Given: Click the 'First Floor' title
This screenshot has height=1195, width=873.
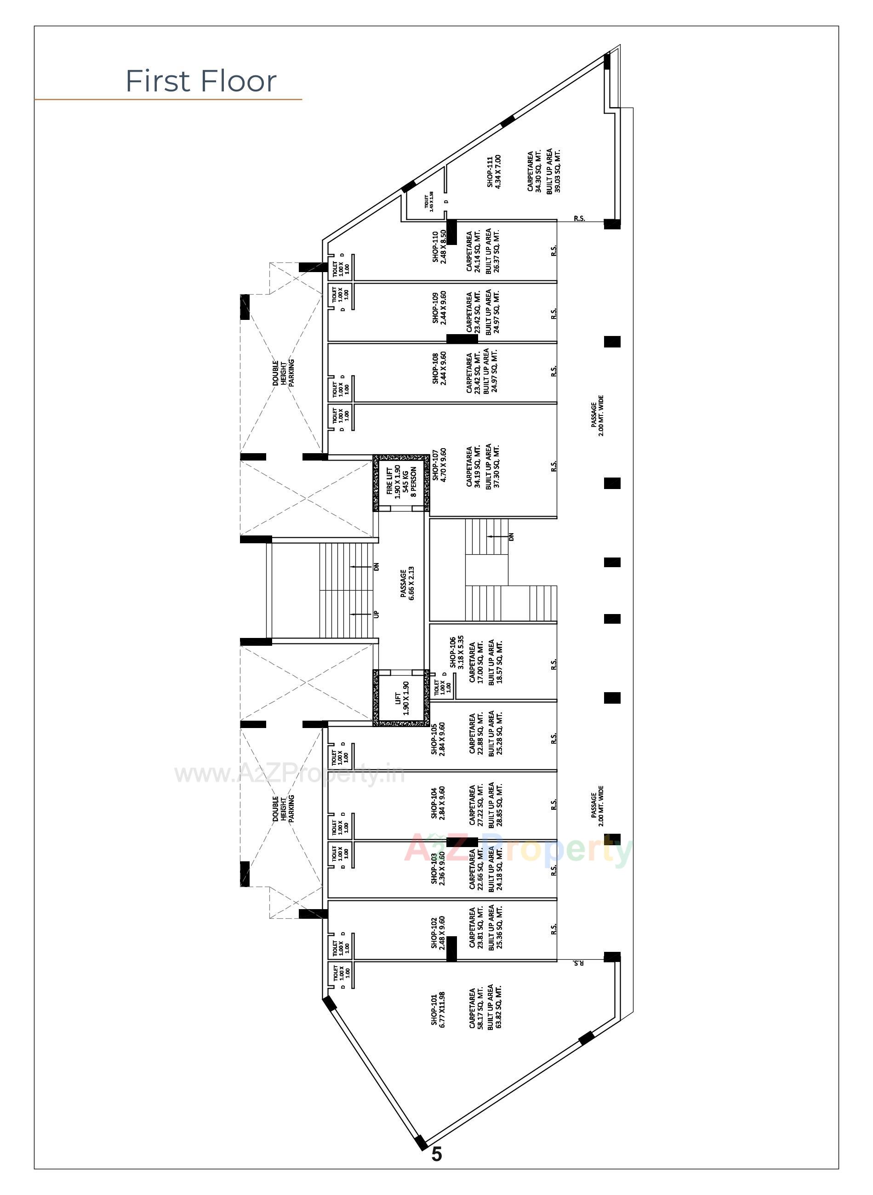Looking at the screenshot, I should coord(201,81).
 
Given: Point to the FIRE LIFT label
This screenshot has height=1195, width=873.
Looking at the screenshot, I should coord(389,482).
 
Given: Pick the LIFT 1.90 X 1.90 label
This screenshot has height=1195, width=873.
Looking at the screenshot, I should coord(402,697).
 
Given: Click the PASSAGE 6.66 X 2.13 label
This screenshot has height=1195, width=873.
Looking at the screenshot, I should coord(407,584).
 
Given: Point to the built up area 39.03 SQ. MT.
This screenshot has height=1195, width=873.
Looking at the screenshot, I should coord(558,171).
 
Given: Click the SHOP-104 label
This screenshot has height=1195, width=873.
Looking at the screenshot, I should coord(434,803).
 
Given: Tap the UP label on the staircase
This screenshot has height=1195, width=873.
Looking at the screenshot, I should coord(376,614).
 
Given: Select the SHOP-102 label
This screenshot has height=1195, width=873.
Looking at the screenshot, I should coord(434,933).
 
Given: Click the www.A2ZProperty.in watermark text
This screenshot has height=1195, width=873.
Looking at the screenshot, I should coord(290,774).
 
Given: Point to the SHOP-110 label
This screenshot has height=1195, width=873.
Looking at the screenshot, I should coord(435,247).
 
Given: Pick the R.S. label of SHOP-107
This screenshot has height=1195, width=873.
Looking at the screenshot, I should coord(554,467).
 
